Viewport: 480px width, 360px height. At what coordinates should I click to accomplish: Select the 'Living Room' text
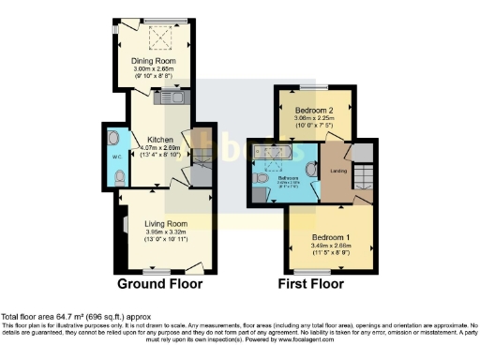click(x=166, y=224)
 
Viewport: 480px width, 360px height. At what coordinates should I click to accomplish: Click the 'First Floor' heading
click(x=310, y=283)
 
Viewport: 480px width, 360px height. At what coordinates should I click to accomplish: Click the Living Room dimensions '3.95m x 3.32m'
click(x=166, y=232)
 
